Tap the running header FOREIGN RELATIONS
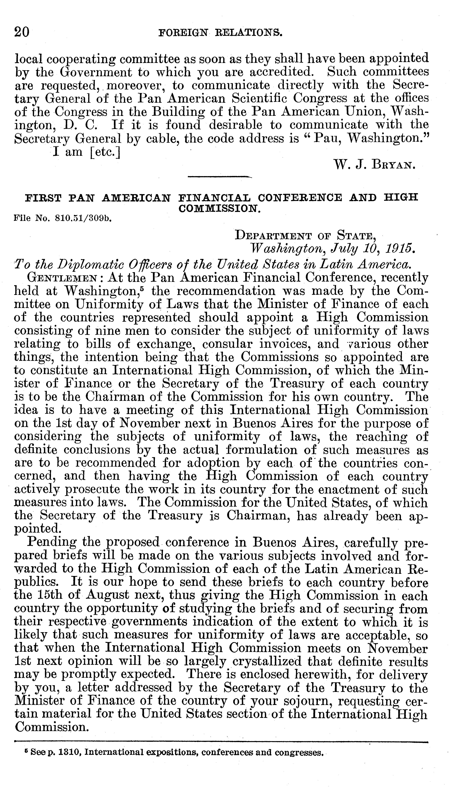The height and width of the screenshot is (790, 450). click(220, 32)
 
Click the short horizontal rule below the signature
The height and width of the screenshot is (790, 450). click(220, 177)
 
